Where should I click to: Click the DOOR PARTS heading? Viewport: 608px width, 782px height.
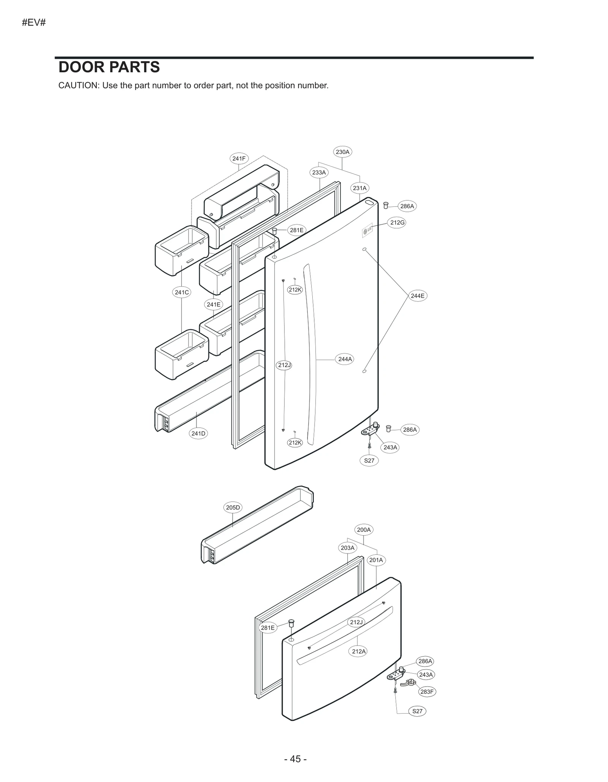click(x=109, y=67)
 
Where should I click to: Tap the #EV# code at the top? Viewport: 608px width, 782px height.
click(x=34, y=23)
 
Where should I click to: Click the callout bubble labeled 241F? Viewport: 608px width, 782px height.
click(x=239, y=159)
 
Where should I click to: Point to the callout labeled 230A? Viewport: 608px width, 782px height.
click(x=342, y=152)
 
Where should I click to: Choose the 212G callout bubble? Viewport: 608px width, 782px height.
click(x=397, y=222)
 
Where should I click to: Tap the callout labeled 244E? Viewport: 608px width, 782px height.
click(x=418, y=296)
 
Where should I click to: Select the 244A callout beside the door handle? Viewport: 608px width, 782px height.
click(x=345, y=359)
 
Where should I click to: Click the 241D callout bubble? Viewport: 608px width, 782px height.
click(x=198, y=433)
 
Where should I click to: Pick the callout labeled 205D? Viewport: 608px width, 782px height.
click(x=233, y=508)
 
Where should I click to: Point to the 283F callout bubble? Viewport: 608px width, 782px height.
click(x=427, y=692)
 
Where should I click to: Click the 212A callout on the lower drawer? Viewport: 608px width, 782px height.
click(x=359, y=651)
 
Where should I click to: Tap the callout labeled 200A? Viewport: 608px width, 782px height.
click(x=364, y=530)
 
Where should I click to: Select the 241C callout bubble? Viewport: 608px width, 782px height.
click(x=182, y=292)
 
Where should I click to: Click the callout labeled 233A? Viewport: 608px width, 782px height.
click(x=319, y=173)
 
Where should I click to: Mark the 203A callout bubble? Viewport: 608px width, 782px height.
click(x=347, y=548)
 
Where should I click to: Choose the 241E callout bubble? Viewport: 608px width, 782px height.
click(x=214, y=305)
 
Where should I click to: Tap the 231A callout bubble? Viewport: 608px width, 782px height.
click(x=359, y=188)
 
